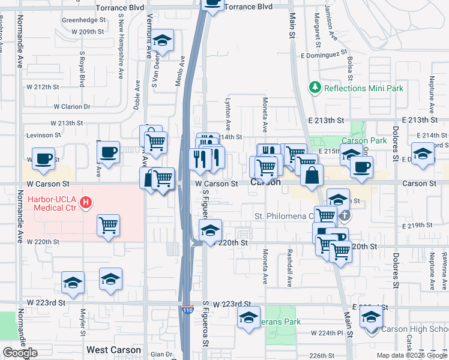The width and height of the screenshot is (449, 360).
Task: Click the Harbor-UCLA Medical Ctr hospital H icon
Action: [86, 203]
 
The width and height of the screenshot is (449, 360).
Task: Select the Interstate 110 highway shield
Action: [188, 310]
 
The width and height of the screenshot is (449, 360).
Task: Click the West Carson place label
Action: [113, 350]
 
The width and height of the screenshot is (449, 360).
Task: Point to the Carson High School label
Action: [414, 329]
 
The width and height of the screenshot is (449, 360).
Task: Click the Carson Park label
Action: [364, 140]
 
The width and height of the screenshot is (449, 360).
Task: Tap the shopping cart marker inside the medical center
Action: [109, 225]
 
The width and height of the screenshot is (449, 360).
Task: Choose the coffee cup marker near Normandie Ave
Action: [43, 158]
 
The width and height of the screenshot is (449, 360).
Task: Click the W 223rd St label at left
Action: [45, 302]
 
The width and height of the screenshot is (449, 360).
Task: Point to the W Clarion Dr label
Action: [71, 107]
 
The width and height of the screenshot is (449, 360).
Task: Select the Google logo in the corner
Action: [20, 353]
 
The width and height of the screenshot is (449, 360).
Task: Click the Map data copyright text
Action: [412, 355]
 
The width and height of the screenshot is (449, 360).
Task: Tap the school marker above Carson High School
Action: [372, 316]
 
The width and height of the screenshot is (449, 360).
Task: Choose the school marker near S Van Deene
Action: [162, 40]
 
